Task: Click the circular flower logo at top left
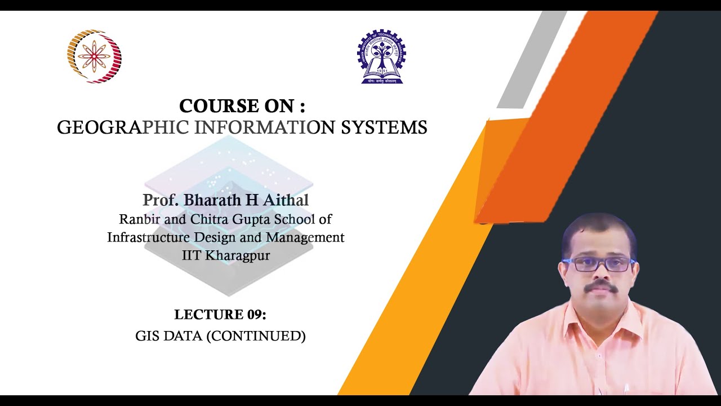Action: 94,56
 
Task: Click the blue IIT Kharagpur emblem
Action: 381,57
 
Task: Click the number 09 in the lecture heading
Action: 253,315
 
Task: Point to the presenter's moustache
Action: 600,287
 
